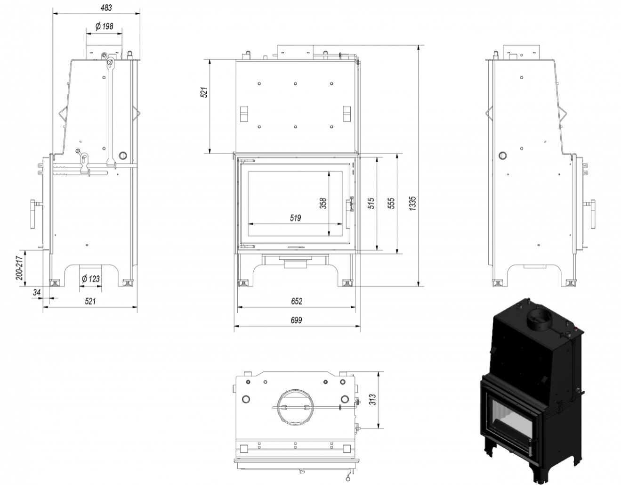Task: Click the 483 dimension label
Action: click(106, 8)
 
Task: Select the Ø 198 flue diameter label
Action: click(104, 26)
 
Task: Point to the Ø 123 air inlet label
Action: click(90, 278)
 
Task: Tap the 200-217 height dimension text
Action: click(19, 268)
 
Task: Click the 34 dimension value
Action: click(37, 292)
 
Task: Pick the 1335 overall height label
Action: click(412, 203)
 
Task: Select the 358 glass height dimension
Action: click(323, 203)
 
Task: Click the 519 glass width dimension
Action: click(295, 218)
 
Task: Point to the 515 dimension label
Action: click(371, 203)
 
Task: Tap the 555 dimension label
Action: click(392, 203)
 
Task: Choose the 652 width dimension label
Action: click(296, 301)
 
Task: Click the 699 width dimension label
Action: click(296, 320)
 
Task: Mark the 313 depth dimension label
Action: click(372, 400)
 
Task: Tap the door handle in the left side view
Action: click(34, 214)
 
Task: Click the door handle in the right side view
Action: click(591, 214)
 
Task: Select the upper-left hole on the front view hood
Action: click(259, 83)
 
